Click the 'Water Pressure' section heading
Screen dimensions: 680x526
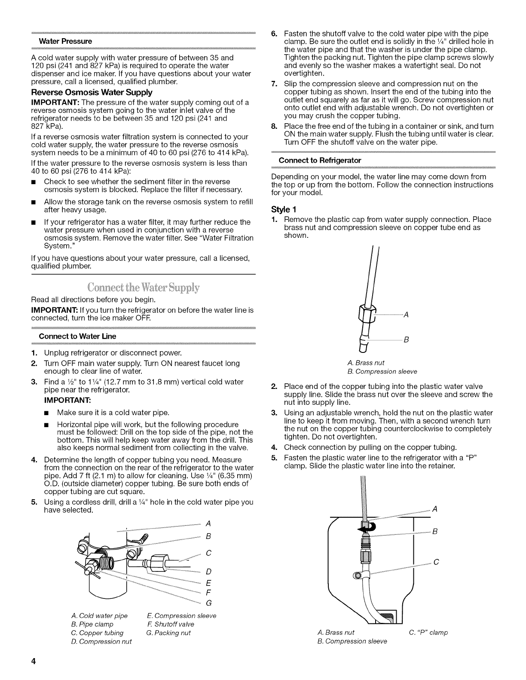coord(65,41)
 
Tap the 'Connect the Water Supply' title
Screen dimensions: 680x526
coord(144,287)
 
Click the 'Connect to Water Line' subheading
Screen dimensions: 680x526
coord(77,336)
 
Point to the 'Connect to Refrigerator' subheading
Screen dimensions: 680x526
coord(320,160)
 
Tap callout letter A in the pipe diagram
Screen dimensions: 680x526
coord(208,523)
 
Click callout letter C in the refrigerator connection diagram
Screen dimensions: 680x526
coord(437,562)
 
